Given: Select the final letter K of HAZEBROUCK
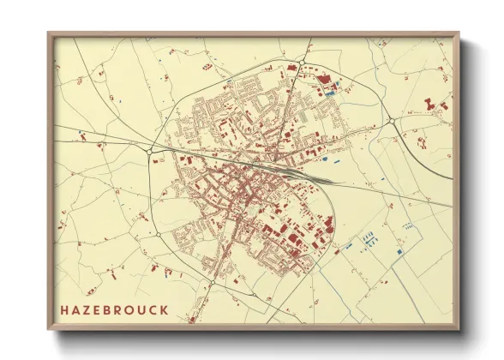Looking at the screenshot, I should (x=164, y=309).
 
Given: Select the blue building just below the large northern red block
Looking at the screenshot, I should (x=335, y=86).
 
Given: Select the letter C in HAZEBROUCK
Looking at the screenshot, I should (x=153, y=309).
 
